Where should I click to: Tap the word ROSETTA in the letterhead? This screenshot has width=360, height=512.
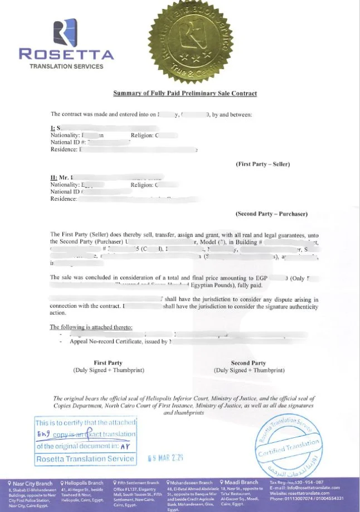(66, 55)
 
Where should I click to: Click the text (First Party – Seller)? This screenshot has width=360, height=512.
(263, 164)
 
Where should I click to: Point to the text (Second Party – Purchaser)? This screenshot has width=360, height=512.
(271, 214)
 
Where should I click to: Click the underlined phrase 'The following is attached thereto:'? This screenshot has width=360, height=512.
(91, 327)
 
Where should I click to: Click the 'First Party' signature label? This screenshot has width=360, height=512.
(108, 363)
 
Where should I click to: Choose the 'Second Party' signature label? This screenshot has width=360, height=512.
(249, 363)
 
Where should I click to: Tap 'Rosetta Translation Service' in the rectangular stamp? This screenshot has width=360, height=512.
(85, 459)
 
